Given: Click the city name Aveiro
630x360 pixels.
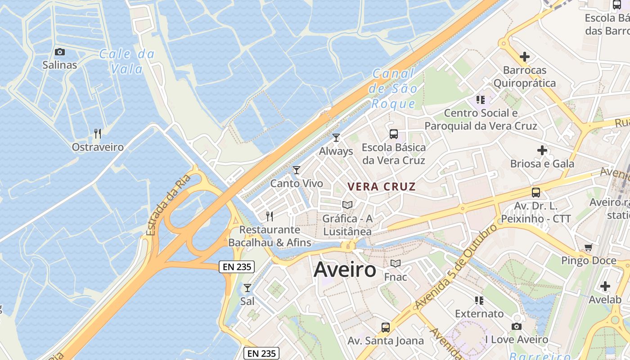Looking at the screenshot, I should click(x=345, y=270).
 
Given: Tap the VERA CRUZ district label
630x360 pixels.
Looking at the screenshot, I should click(x=382, y=187).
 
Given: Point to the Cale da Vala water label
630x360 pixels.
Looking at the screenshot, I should click(x=126, y=62).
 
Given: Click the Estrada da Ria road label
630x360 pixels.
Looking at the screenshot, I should click(x=168, y=205).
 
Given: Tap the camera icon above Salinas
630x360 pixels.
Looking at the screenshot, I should click(x=59, y=52).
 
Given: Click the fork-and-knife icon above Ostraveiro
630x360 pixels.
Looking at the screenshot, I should click(x=98, y=133).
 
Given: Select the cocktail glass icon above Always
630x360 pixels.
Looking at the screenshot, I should click(x=336, y=138).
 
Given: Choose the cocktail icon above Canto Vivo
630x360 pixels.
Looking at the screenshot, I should click(x=296, y=170).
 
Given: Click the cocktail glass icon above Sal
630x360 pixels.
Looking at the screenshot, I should click(x=247, y=288).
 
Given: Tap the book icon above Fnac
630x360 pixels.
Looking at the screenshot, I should click(x=395, y=264).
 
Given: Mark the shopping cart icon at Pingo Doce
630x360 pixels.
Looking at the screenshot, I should click(x=588, y=247).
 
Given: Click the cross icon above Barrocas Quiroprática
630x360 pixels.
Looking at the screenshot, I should click(x=524, y=57).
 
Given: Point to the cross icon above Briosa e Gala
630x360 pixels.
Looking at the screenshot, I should click(x=542, y=150).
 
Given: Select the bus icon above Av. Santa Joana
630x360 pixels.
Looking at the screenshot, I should click(x=386, y=328).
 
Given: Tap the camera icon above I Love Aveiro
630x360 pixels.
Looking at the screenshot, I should click(x=517, y=326).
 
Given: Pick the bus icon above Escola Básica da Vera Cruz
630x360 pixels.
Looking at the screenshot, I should click(x=394, y=134).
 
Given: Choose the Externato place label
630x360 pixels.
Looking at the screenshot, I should click(x=479, y=314).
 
